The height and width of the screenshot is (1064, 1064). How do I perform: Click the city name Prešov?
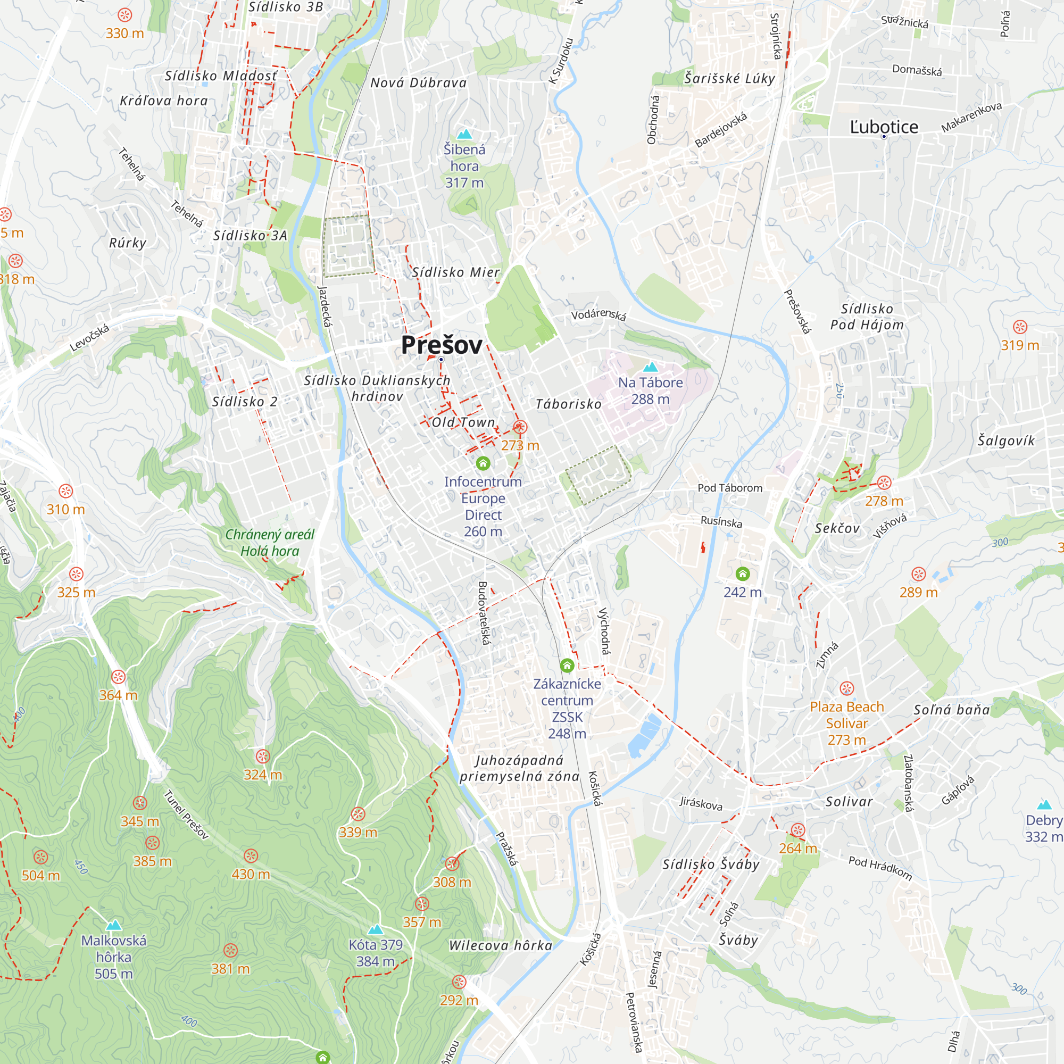tap(441, 345)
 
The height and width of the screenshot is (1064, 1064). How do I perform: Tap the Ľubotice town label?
tap(883, 127)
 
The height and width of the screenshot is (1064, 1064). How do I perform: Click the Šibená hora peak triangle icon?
tap(464, 134)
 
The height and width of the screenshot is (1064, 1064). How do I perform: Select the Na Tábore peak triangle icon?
tap(651, 367)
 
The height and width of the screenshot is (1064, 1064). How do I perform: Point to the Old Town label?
tap(463, 422)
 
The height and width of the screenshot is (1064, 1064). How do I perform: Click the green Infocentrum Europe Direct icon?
tap(483, 463)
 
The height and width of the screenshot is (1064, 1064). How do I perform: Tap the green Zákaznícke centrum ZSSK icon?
tap(567, 666)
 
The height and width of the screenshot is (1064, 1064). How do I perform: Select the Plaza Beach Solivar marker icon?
tap(846, 688)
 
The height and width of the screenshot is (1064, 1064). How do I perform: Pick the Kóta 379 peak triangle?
tap(375, 929)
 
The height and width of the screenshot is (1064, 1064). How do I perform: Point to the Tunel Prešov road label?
tap(186, 814)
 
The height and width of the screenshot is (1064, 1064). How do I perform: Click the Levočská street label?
tap(90, 338)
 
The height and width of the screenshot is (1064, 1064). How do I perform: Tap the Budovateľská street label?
tap(483, 613)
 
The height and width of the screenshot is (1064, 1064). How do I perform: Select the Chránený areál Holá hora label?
tap(270, 543)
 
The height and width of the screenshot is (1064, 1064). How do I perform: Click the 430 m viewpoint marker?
tap(251, 856)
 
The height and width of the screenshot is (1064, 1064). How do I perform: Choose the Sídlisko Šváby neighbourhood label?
tap(710, 864)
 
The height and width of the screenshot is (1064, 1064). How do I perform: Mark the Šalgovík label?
tap(1005, 440)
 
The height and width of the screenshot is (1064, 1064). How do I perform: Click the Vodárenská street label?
tap(598, 314)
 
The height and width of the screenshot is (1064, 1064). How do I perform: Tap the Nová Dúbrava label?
tap(418, 83)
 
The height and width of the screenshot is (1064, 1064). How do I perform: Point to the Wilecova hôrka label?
tap(500, 945)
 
